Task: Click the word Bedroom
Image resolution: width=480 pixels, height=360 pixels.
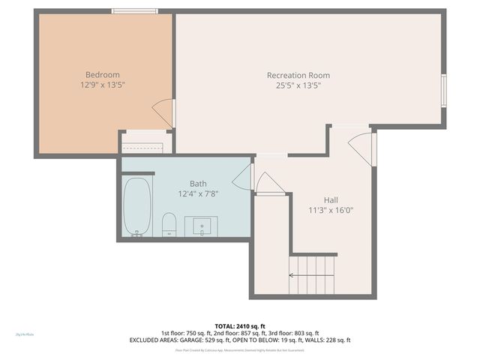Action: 102,74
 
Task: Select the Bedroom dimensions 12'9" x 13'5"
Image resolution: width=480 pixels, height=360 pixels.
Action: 102,85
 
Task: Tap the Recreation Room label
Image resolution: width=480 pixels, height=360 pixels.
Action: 298,75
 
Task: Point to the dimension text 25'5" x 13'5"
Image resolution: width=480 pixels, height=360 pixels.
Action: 298,85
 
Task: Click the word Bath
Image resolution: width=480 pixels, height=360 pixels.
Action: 198,183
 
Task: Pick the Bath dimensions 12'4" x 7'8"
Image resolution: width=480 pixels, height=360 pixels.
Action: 198,193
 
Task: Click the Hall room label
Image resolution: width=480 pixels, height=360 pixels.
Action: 330,199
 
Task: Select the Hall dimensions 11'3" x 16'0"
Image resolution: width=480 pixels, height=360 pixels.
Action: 330,210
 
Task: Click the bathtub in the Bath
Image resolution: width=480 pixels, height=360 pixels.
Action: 137,205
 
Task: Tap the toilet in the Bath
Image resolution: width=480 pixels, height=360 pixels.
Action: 169,223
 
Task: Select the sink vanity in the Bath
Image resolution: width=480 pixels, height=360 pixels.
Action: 202,226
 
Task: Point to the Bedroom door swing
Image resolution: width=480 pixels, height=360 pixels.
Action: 164,112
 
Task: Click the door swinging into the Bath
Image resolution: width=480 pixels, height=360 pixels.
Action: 242,179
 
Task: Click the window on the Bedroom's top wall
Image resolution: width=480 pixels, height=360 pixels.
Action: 135,10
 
